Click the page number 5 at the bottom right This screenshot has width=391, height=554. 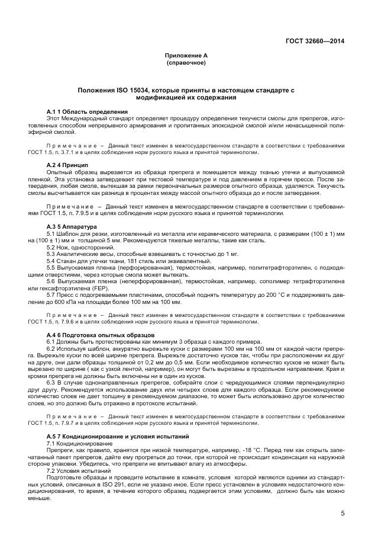pos(342,513)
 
